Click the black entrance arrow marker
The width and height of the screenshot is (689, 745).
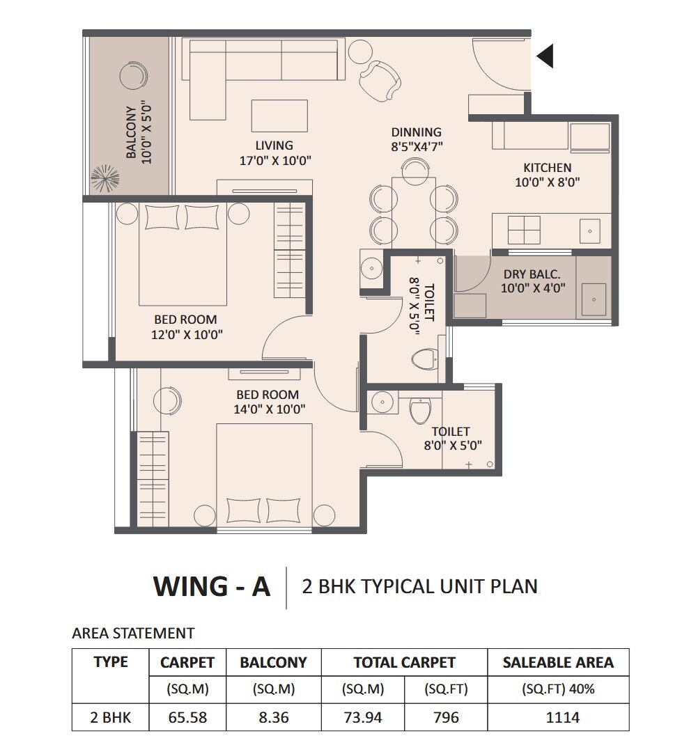[545, 56]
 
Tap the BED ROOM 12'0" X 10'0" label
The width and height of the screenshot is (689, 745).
[185, 327]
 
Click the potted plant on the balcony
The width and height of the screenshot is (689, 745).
[106, 178]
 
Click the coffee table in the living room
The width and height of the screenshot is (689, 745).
[279, 116]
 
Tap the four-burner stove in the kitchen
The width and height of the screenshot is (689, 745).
[524, 230]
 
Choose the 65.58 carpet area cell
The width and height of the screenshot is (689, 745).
[187, 716]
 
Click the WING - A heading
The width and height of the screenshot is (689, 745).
[211, 586]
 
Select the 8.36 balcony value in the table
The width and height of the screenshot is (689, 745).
[273, 716]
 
